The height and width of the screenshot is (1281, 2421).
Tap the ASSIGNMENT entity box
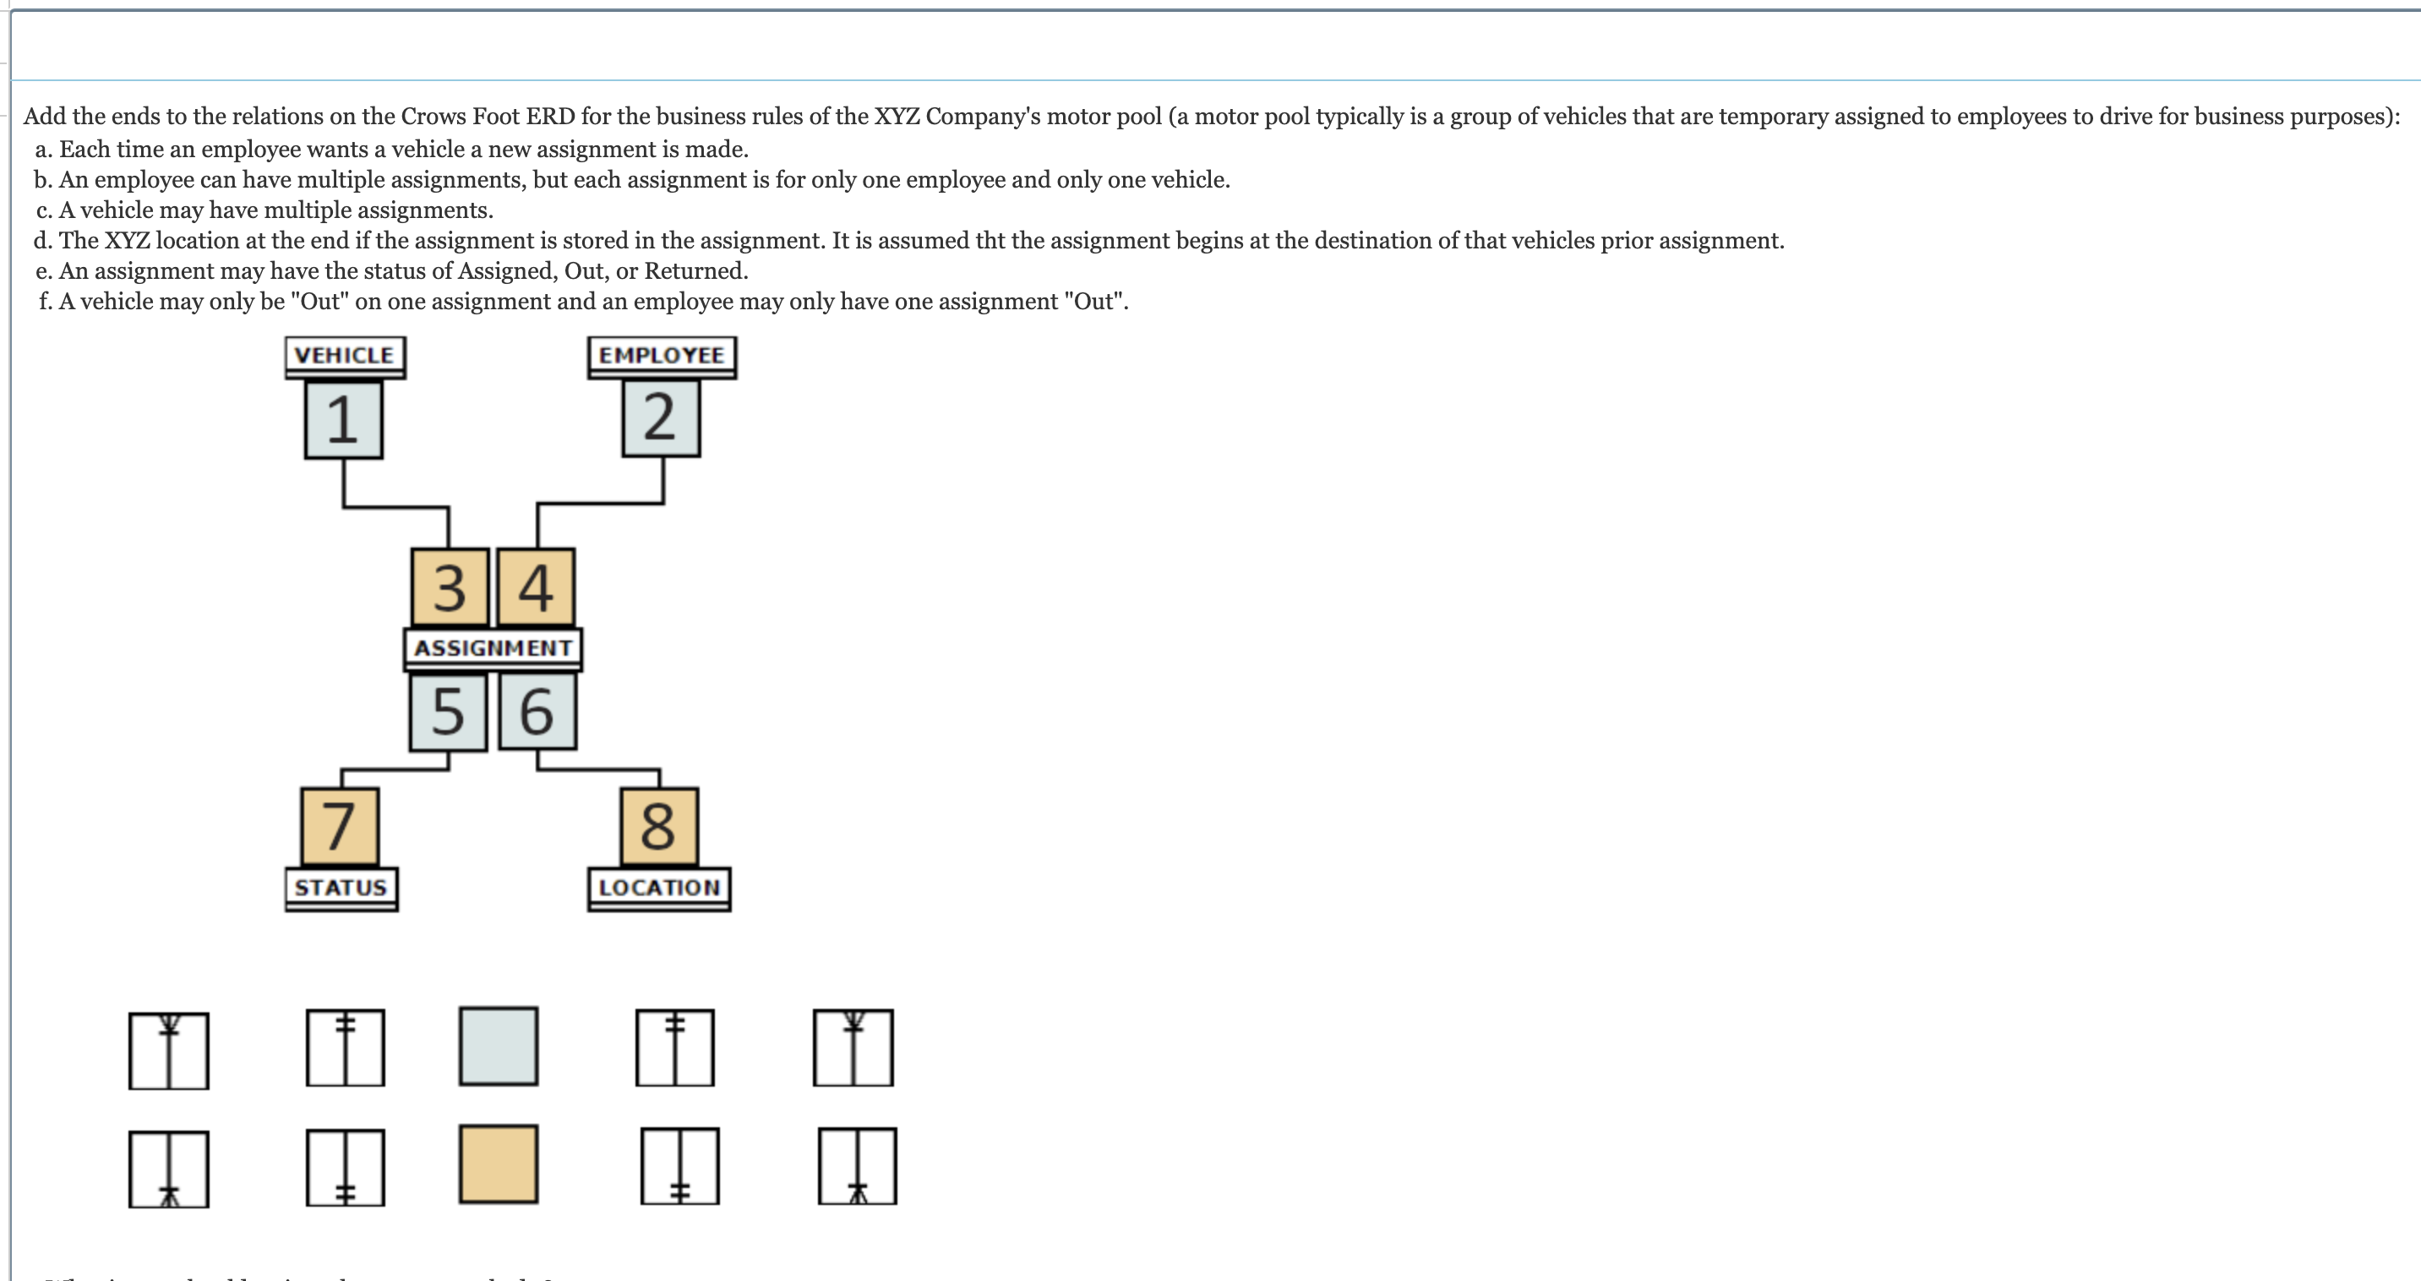click(x=493, y=647)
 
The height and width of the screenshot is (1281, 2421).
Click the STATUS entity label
click(x=341, y=887)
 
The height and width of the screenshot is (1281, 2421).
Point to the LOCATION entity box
click(x=659, y=887)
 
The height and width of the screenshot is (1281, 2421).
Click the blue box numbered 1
click(x=344, y=419)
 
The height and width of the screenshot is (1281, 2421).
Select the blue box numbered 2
click(x=661, y=417)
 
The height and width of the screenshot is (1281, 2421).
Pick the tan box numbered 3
click(x=450, y=587)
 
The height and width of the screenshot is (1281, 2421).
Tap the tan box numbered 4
click(x=536, y=587)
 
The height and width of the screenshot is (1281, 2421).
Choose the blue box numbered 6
click(x=537, y=711)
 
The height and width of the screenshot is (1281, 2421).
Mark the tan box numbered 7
click(x=341, y=826)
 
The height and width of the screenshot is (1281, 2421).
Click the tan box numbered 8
click(x=659, y=826)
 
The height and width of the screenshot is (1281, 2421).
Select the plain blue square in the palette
click(x=498, y=1046)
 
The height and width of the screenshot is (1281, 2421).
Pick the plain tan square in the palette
click(x=498, y=1164)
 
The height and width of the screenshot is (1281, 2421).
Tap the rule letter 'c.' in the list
click(x=43, y=210)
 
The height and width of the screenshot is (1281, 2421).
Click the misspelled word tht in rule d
click(x=990, y=242)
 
